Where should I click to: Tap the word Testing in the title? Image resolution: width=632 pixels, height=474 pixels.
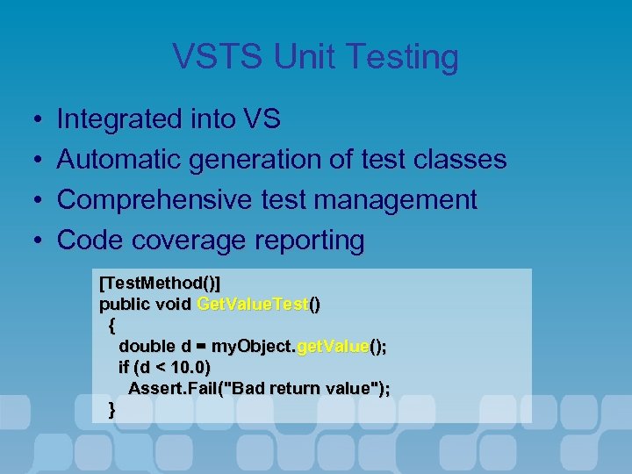pos(403,57)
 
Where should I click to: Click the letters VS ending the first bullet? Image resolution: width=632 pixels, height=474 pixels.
pos(259,118)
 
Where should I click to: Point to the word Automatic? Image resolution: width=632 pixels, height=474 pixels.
pos(122,159)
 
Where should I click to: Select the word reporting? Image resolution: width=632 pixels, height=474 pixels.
pos(307,240)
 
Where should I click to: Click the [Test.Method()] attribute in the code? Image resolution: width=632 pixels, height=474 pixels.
pos(160,284)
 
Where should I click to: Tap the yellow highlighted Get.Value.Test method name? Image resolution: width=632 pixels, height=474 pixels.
pos(253,305)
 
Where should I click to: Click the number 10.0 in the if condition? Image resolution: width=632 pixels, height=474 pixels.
pos(190,367)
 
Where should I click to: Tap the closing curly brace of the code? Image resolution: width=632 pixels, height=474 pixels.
pos(111,409)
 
